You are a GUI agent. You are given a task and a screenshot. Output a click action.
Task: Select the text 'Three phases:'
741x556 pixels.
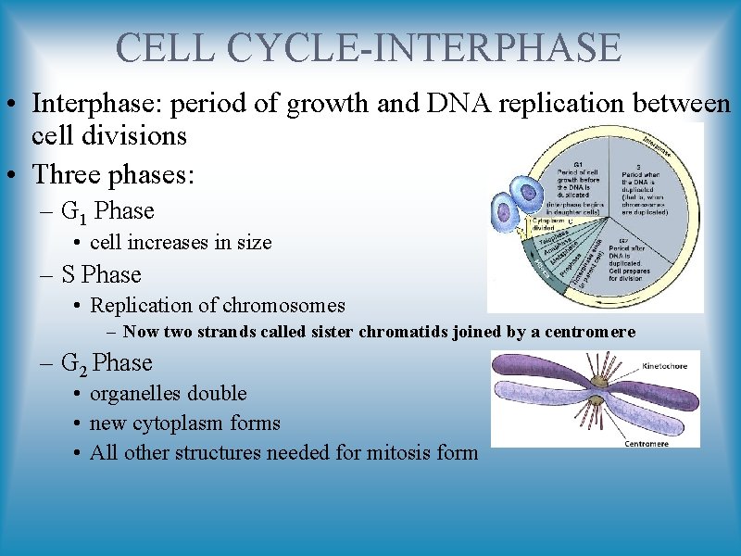114,173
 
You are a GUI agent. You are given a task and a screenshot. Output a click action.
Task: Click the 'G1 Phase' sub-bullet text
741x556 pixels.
107,212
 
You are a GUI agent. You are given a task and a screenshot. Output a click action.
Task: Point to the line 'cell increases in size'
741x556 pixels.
181,243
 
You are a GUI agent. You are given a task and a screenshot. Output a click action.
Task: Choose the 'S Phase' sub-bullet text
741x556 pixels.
101,275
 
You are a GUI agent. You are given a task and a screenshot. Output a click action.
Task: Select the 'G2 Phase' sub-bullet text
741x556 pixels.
107,363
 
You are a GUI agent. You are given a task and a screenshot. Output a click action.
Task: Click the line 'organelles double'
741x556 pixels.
168,393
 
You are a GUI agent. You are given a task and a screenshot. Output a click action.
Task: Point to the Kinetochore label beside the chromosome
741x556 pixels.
665,367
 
